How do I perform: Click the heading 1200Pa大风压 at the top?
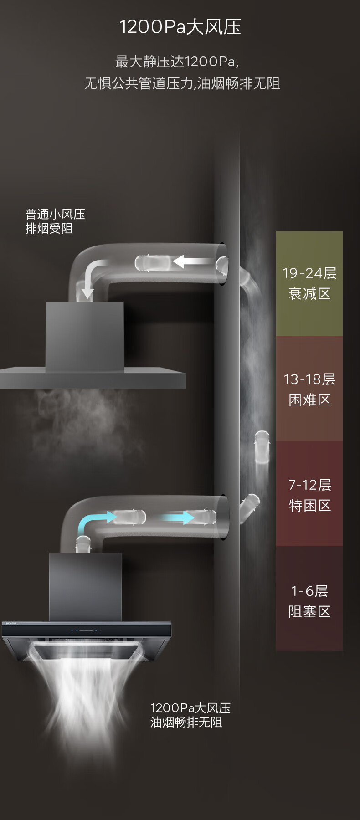click(180, 27)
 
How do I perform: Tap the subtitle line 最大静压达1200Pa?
click(177, 61)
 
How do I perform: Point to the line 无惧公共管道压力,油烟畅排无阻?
click(182, 83)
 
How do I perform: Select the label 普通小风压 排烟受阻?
click(55, 221)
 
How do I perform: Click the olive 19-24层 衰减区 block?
click(309, 283)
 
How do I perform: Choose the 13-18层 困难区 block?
click(309, 389)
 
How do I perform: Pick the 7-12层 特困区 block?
click(309, 494)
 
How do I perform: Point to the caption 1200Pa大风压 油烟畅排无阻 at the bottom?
click(190, 715)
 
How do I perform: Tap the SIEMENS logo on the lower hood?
click(11, 623)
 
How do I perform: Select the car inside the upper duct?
click(152, 263)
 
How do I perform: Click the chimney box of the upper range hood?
click(85, 336)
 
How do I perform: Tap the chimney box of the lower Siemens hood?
click(85, 586)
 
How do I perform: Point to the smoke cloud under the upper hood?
click(82, 424)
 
